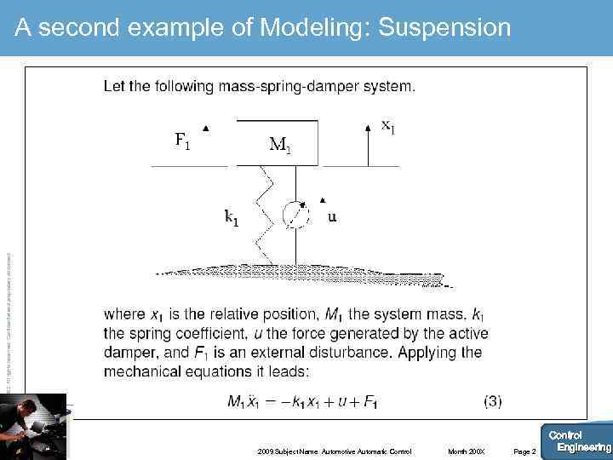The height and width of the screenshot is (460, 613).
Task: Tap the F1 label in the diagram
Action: click(x=183, y=141)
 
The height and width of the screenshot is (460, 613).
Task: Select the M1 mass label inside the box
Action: click(x=280, y=146)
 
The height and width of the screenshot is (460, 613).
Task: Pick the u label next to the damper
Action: click(x=332, y=216)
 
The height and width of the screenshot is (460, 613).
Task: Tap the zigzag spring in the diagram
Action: click(x=265, y=213)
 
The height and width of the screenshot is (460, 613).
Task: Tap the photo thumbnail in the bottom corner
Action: click(x=33, y=426)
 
